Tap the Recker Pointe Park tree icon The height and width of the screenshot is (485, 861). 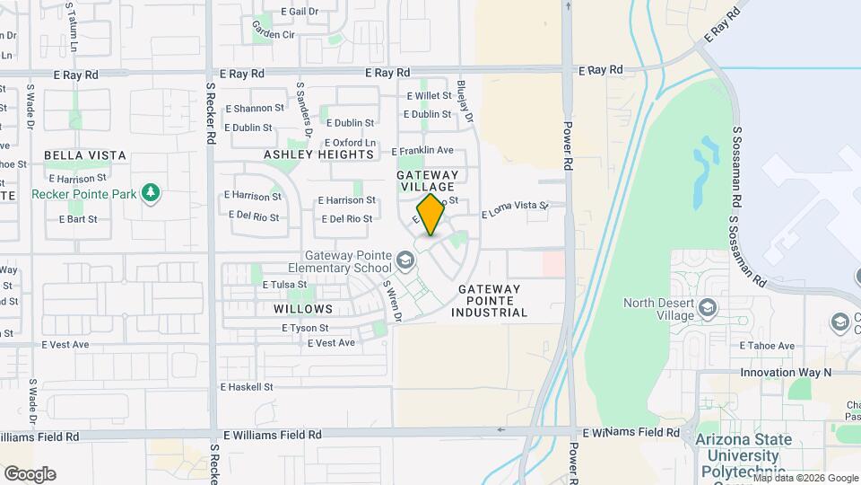point(151,193)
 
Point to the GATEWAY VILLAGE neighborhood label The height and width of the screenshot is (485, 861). point(428,181)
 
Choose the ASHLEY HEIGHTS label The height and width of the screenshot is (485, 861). point(318,154)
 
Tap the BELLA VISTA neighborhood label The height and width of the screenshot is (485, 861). point(85,155)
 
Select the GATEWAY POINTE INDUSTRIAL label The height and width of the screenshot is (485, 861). point(489,301)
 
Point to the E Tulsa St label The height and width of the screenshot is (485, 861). point(285,285)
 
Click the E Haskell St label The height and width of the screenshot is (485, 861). point(247,387)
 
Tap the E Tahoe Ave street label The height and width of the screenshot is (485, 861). point(767,346)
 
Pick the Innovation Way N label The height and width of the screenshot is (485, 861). point(787,372)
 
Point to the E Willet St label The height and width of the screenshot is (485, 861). point(430,95)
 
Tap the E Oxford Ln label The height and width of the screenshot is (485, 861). point(350,143)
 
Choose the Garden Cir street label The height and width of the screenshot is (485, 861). point(274,35)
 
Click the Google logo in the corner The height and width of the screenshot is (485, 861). point(30,474)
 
